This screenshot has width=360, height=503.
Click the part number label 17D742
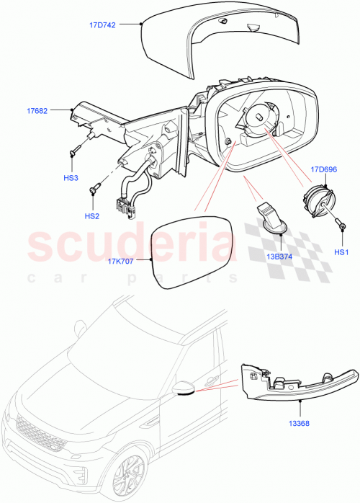coord(104,24)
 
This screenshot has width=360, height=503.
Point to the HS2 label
coord(91,215)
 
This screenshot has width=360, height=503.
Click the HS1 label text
coord(341,252)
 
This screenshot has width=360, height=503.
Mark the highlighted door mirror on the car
coord(185,388)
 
